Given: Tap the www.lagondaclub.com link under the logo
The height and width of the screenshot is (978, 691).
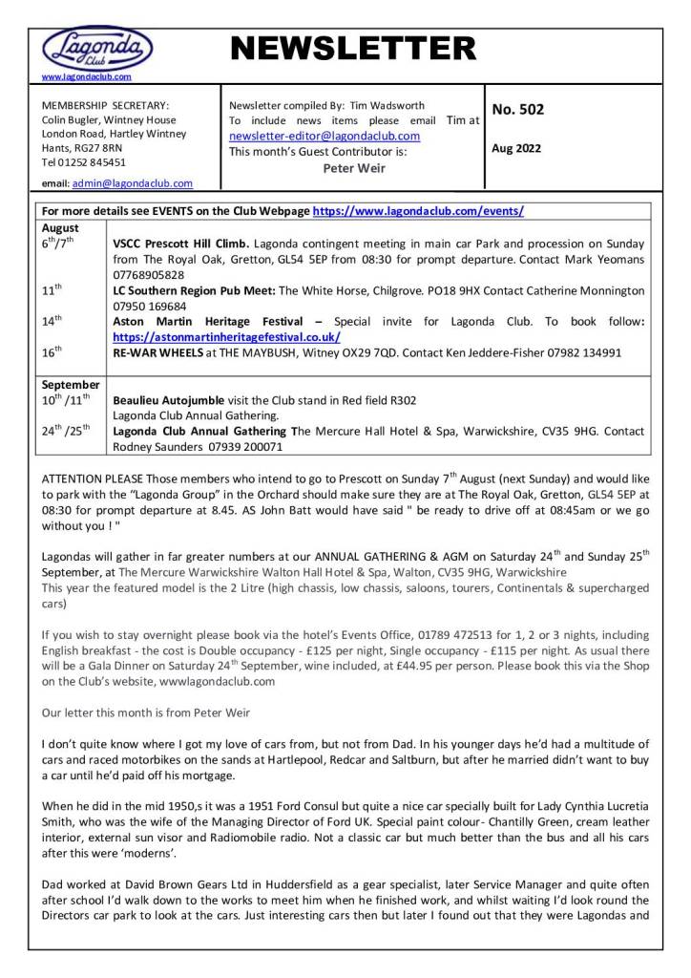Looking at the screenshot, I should tap(87, 76).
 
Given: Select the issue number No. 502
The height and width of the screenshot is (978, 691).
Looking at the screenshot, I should tap(518, 110).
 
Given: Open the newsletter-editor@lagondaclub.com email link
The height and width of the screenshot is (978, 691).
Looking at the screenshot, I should tap(325, 137).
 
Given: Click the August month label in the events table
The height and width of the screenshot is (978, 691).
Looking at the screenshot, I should tap(61, 228).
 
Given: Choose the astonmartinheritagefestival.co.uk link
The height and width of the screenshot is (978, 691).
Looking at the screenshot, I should tap(226, 337).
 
